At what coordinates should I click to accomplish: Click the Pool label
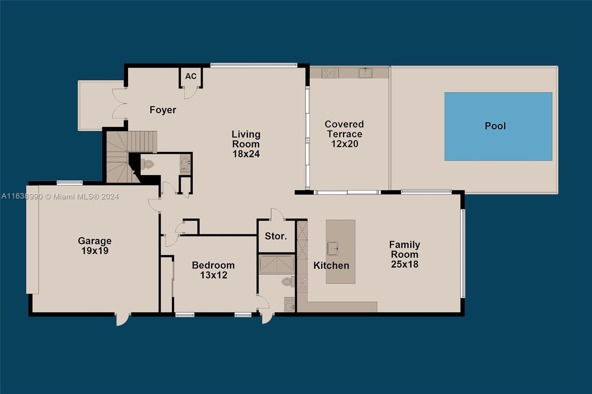[495, 126]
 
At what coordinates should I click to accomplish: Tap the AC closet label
[191, 76]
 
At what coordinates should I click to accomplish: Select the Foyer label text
[163, 110]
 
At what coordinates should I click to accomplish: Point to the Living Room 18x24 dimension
[246, 154]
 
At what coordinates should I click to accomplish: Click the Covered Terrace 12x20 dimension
[344, 144]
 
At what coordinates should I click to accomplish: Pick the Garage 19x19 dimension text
[95, 251]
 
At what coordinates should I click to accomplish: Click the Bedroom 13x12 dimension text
[213, 275]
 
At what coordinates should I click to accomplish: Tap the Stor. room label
[276, 236]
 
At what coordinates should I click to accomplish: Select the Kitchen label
[331, 266]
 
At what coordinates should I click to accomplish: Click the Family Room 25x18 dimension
[404, 264]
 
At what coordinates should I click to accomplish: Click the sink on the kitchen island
[332, 248]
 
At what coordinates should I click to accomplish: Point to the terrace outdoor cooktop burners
[330, 73]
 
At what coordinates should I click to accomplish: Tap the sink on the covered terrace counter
[365, 73]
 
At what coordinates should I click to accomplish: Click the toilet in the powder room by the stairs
[148, 164]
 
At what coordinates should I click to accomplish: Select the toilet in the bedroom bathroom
[287, 282]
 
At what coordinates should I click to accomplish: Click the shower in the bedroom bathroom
[277, 265]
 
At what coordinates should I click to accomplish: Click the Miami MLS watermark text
[60, 196]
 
